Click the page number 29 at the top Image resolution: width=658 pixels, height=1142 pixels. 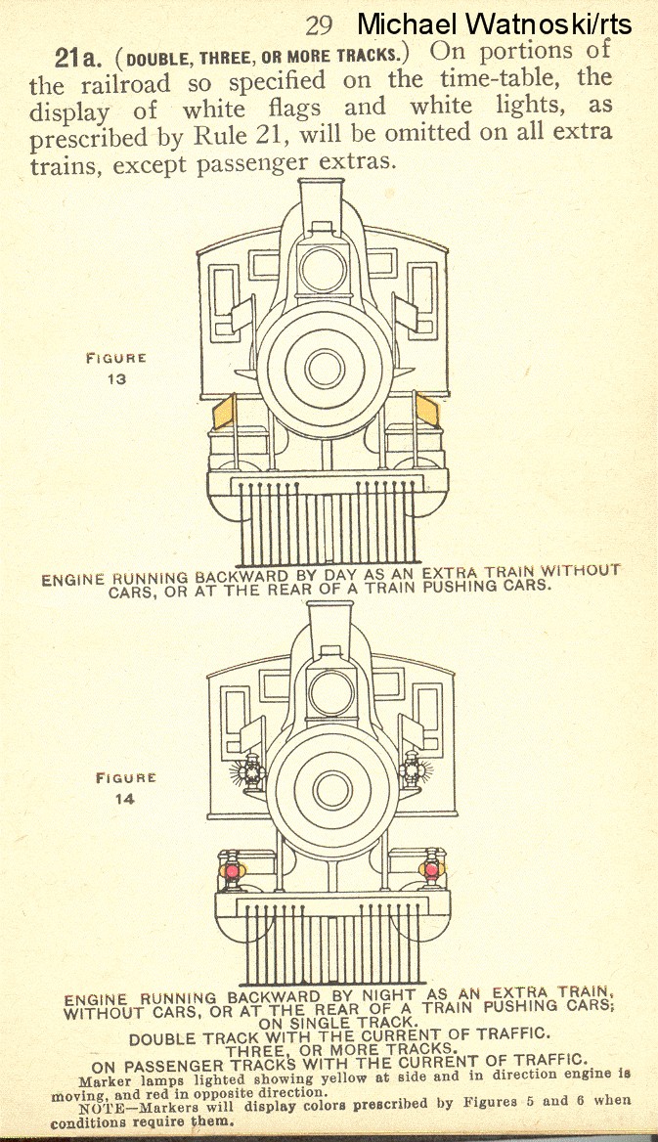320,24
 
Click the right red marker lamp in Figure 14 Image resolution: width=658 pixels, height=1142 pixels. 429,868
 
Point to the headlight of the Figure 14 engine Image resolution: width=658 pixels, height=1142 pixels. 329,692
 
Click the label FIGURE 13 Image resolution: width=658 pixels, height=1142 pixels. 116,369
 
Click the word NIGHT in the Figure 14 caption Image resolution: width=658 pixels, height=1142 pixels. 355,996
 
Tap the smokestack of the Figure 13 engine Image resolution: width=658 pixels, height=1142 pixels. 320,205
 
